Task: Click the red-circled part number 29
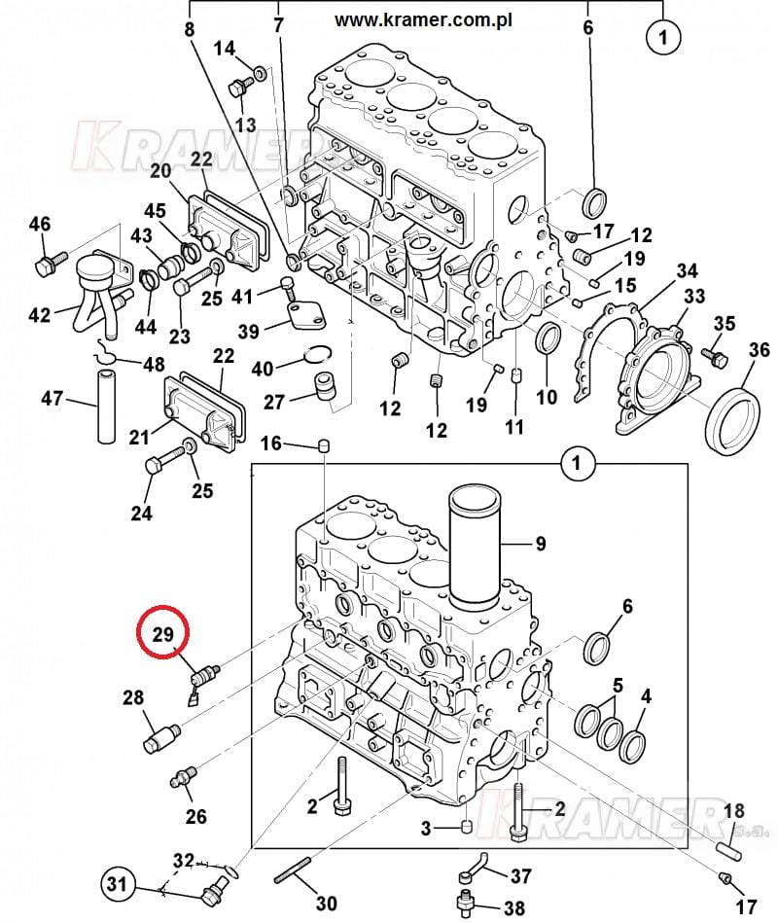click(163, 634)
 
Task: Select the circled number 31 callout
click(117, 883)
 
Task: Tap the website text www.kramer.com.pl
click(423, 20)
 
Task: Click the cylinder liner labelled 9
click(475, 548)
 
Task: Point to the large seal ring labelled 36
click(732, 421)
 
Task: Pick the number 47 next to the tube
click(52, 399)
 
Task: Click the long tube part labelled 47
click(107, 407)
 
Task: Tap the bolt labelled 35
click(715, 357)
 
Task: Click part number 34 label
click(687, 270)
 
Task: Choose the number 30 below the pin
click(326, 903)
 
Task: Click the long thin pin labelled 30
click(293, 870)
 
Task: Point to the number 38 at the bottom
click(513, 907)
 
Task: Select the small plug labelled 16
click(324, 444)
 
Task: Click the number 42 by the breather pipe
click(40, 315)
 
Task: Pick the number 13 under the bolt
click(245, 124)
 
